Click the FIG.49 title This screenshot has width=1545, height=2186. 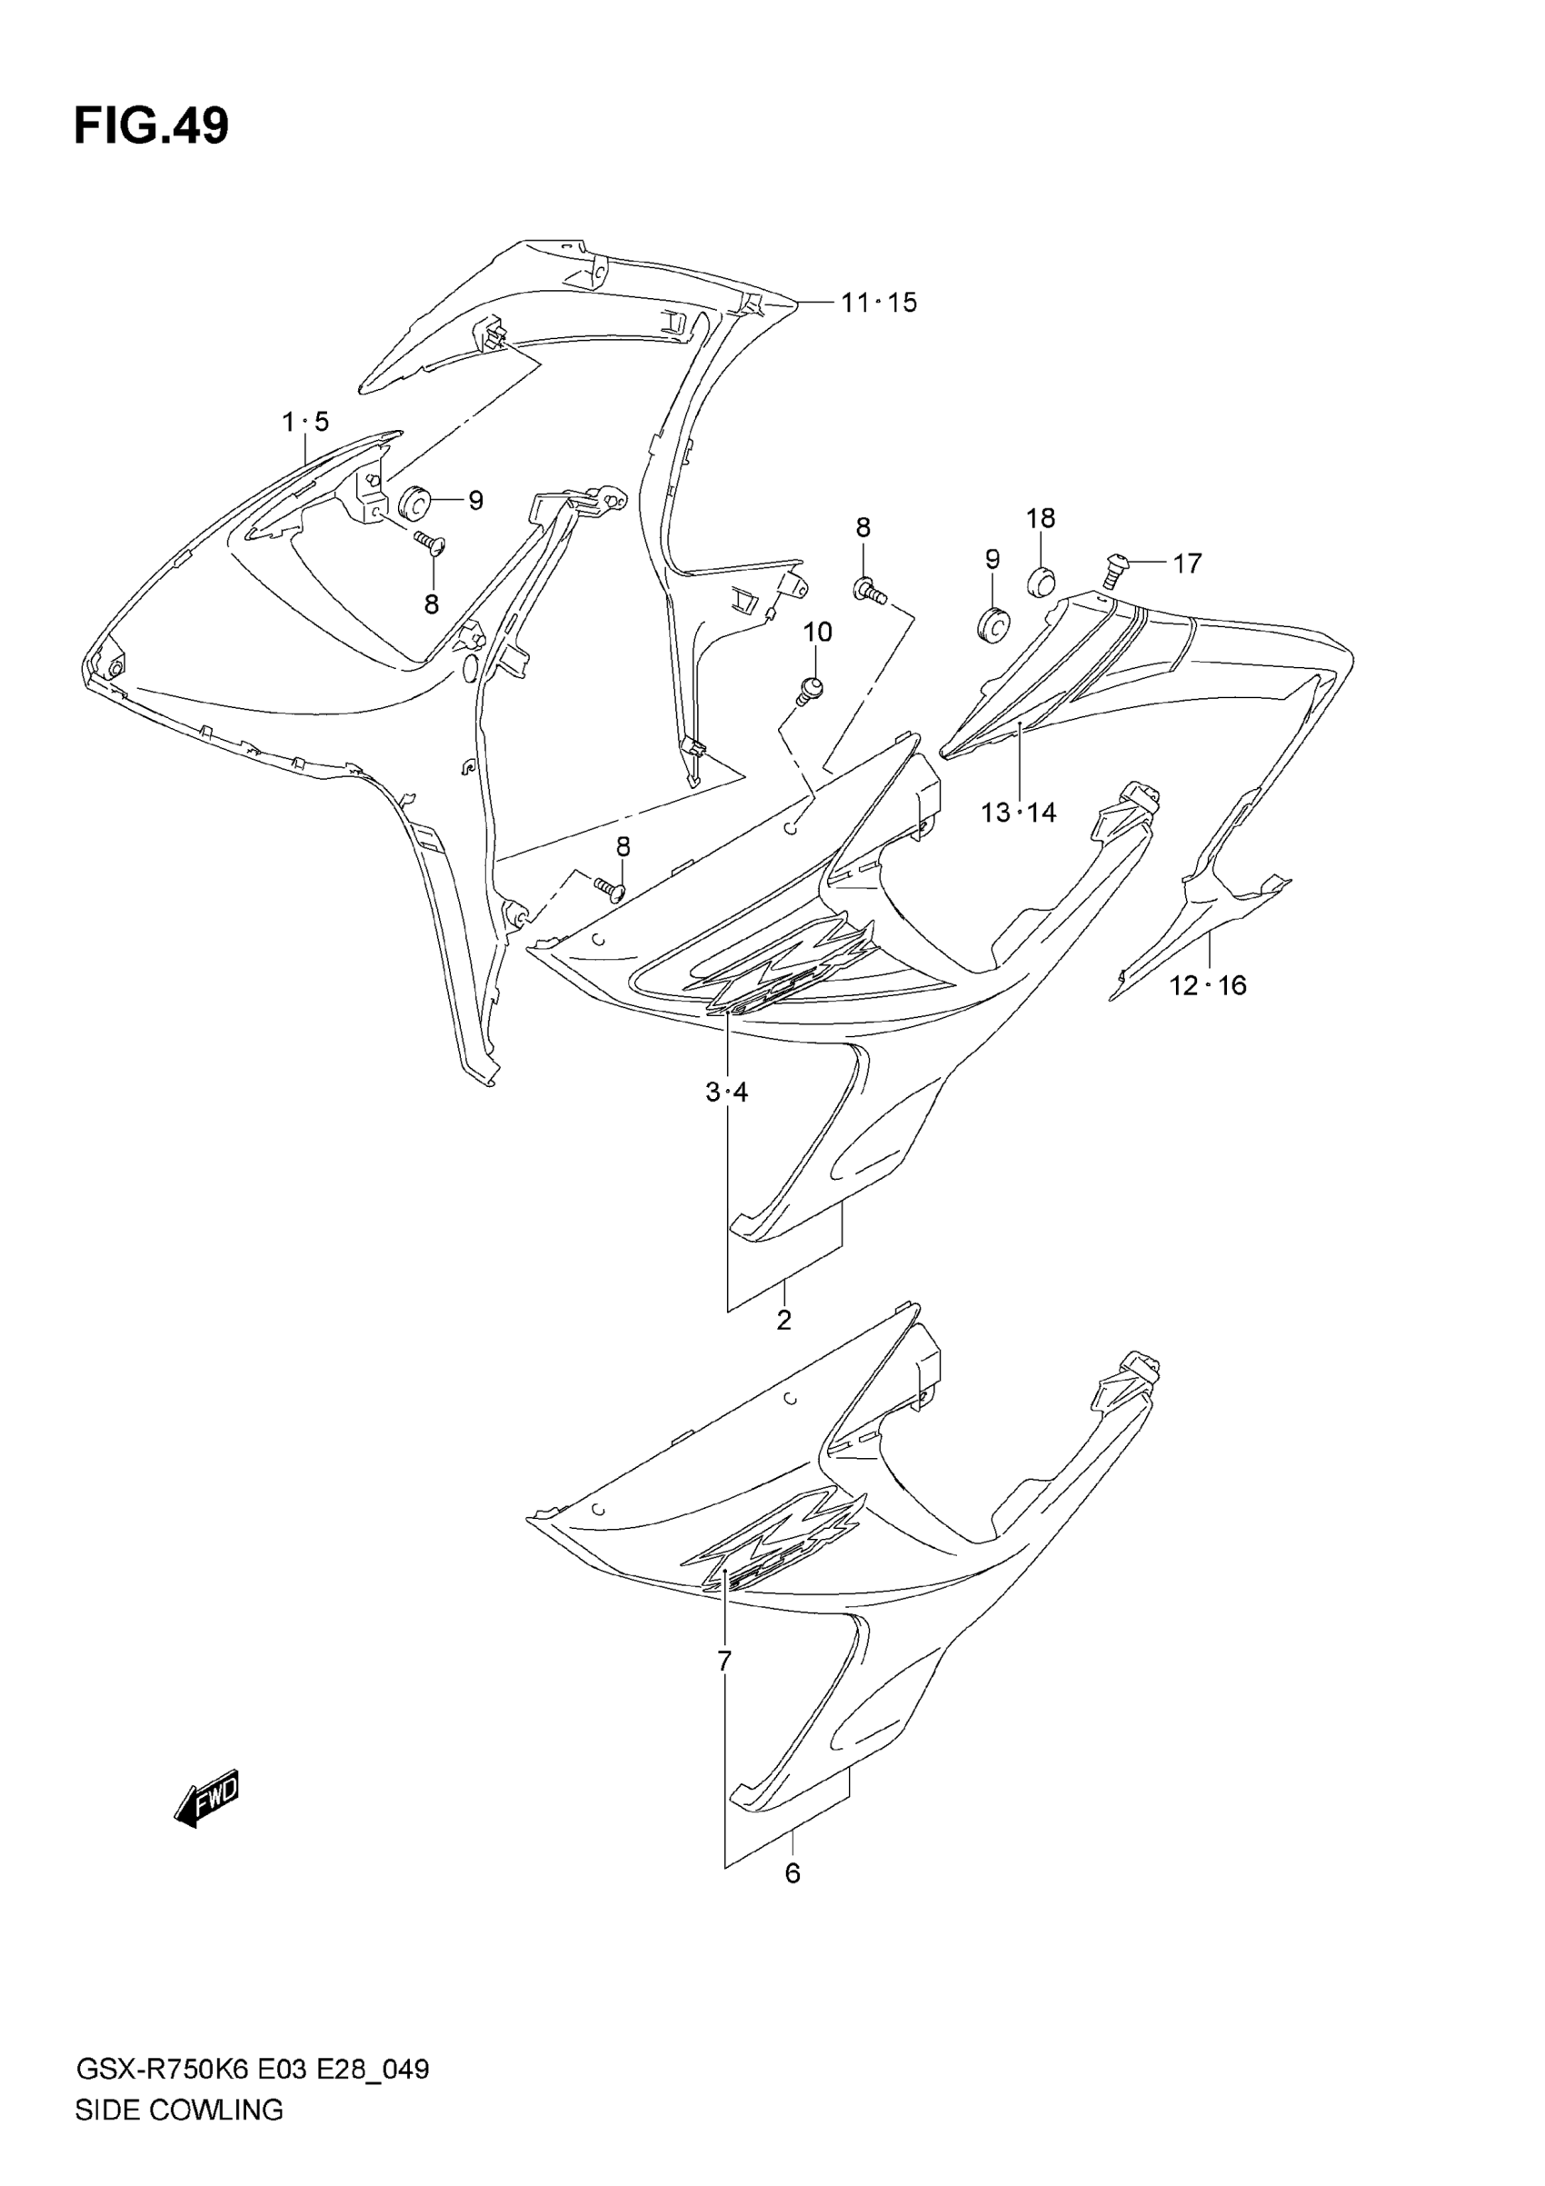[x=152, y=125]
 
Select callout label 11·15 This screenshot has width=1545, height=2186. [x=879, y=303]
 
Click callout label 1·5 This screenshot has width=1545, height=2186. [x=305, y=421]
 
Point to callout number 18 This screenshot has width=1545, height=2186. [x=1041, y=519]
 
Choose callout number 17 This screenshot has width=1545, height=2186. [x=1187, y=564]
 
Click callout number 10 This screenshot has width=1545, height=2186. [x=818, y=633]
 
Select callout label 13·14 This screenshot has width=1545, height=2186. [x=1019, y=812]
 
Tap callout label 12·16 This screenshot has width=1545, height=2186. [x=1207, y=985]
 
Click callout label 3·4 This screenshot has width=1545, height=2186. [x=726, y=1092]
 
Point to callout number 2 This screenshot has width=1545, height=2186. [x=783, y=1320]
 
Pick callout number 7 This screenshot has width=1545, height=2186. [x=724, y=1662]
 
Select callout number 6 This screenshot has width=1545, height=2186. [x=792, y=1873]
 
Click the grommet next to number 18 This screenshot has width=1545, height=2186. [x=1041, y=579]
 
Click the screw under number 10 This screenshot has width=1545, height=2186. [x=809, y=689]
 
